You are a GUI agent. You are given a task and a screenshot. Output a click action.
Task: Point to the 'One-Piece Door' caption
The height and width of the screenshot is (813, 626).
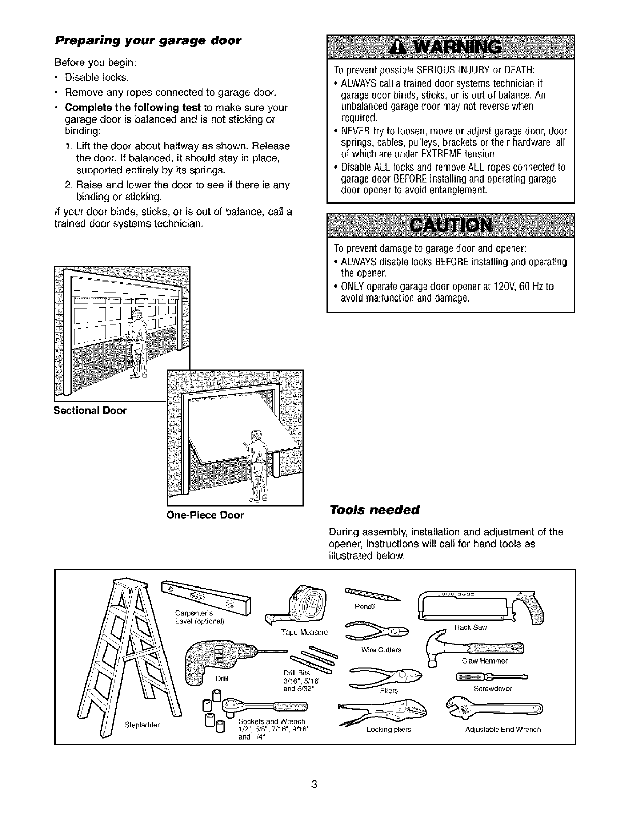(x=205, y=515)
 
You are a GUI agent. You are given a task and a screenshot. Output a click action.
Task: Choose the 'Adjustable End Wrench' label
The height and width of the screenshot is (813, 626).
(x=503, y=730)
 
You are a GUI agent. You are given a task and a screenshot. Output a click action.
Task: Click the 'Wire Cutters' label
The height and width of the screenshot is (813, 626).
(x=381, y=650)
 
